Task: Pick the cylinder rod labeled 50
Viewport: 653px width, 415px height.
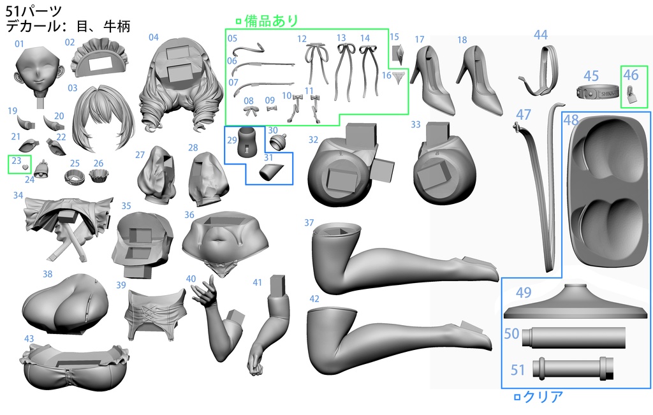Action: click(x=573, y=337)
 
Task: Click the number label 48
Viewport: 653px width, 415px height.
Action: click(x=571, y=120)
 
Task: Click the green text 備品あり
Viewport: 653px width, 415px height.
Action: click(x=271, y=20)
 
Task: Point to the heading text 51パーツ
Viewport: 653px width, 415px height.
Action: click(x=34, y=11)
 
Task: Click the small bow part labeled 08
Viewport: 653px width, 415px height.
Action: click(x=249, y=111)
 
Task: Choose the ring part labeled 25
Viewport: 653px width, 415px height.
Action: click(x=75, y=177)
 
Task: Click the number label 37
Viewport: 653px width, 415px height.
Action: click(x=309, y=222)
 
